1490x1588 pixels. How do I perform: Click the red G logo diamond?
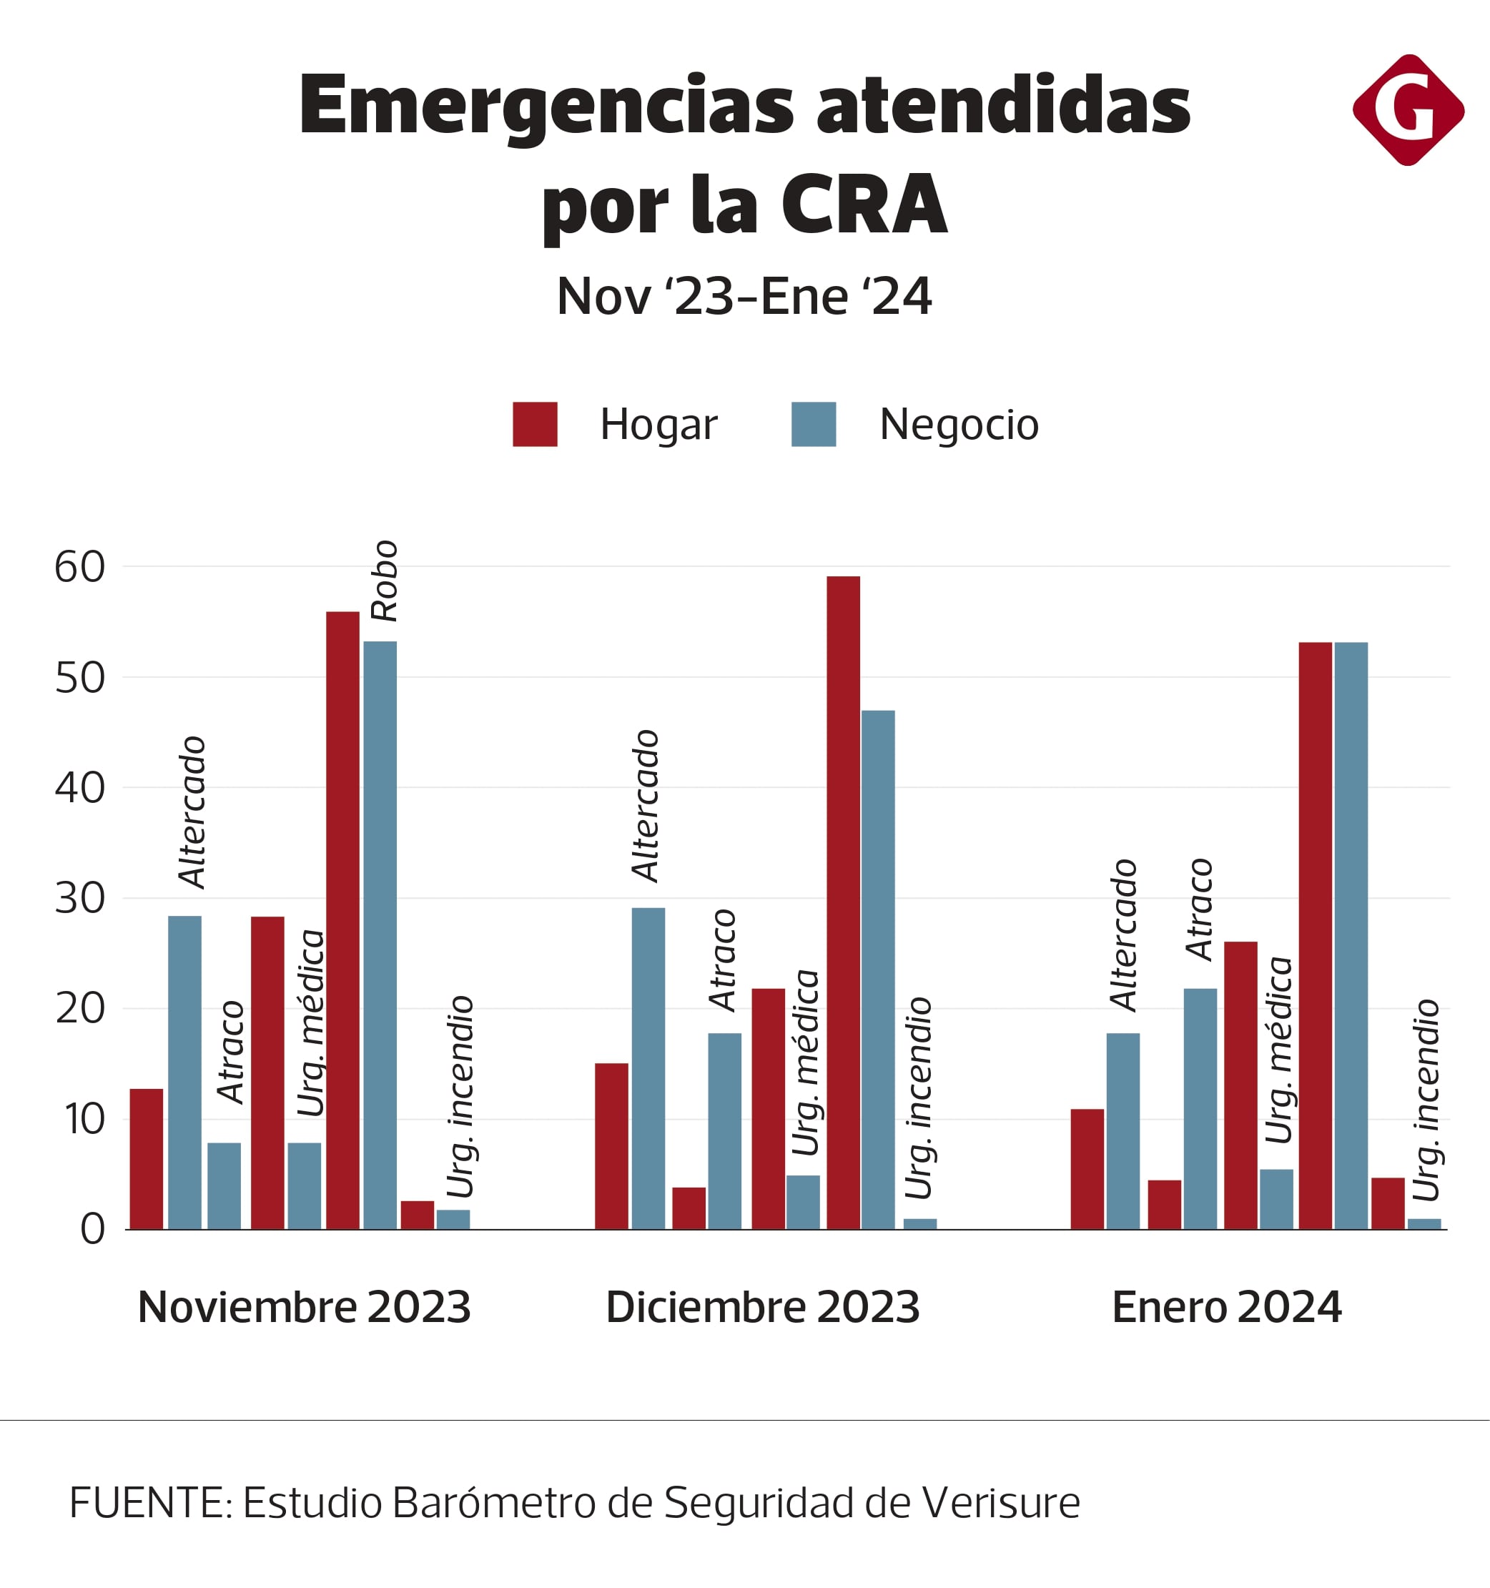(1408, 110)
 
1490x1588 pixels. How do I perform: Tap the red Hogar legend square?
(535, 424)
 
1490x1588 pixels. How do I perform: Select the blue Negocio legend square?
(814, 424)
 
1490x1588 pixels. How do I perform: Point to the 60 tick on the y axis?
(79, 567)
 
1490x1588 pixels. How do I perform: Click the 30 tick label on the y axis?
(79, 899)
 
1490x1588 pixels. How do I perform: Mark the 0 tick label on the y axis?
(92, 1229)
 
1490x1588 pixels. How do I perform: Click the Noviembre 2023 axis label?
(304, 1308)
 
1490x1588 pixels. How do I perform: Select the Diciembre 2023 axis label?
(762, 1308)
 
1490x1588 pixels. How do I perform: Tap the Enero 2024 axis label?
(1226, 1308)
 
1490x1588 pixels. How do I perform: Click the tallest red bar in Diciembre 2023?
(843, 902)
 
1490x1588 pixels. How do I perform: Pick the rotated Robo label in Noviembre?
(384, 581)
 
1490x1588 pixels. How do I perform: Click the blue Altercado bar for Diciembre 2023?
(648, 1068)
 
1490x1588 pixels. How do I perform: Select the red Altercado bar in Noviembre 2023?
(146, 1158)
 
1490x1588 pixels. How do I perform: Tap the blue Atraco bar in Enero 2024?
(1200, 1109)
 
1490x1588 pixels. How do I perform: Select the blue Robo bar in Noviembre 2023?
(380, 934)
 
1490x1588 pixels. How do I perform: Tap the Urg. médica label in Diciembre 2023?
(804, 1063)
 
